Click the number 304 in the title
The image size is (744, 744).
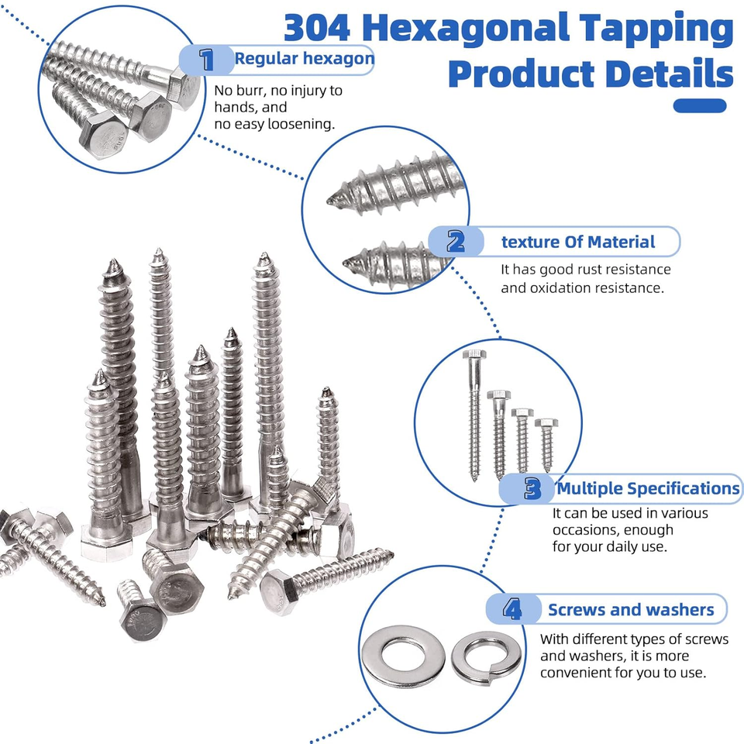(x=317, y=28)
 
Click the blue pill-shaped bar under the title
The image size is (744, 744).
(x=700, y=106)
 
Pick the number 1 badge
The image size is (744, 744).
(x=207, y=60)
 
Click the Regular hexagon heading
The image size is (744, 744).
(x=305, y=59)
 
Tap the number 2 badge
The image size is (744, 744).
(x=456, y=242)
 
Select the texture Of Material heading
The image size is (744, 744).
(x=578, y=242)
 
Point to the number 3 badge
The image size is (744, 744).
(x=532, y=489)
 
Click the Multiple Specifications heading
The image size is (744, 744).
(x=648, y=489)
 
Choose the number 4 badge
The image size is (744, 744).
(x=512, y=609)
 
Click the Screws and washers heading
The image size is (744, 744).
(x=631, y=610)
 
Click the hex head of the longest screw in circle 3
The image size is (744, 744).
(x=474, y=354)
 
